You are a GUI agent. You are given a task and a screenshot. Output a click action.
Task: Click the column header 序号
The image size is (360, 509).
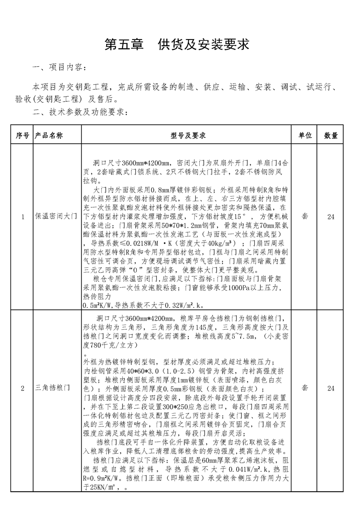click(23, 135)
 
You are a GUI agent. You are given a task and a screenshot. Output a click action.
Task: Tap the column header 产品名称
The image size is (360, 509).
click(50, 135)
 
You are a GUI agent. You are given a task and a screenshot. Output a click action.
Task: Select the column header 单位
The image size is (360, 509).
click(305, 135)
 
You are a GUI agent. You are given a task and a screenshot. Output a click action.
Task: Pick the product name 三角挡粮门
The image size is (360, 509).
click(53, 389)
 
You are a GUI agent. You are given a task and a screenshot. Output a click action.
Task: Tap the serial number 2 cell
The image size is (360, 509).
click(23, 389)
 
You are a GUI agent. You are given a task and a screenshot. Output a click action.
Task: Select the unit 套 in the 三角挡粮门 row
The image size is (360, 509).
click(305, 389)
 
